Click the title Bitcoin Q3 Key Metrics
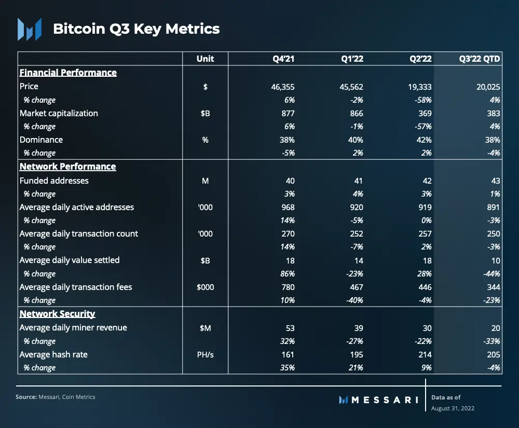136,29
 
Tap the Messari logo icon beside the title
29,29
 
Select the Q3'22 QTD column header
480,59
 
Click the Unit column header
205,59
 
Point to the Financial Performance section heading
68,73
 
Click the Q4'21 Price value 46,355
283,87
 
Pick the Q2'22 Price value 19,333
420,87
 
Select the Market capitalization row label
59,113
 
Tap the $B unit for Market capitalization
205,113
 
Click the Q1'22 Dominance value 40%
356,140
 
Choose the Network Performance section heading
67,167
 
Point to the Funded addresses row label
54,181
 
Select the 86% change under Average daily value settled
287,273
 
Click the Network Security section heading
57,314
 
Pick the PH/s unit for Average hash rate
205,354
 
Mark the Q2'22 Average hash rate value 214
425,354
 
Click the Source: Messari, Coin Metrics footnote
56,397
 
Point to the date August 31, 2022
453,408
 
